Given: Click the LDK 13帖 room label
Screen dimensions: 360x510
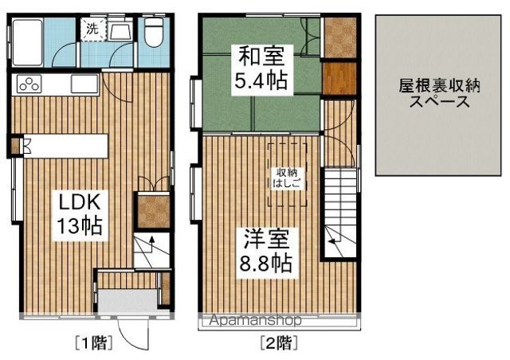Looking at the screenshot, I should tap(78, 212).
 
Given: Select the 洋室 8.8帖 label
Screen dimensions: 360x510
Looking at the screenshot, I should tap(262, 249).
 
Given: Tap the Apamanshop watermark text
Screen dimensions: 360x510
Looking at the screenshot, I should tap(255, 322).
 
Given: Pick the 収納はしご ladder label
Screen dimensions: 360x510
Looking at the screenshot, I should tap(288, 176).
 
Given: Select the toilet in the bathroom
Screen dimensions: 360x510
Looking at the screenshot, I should tap(152, 32).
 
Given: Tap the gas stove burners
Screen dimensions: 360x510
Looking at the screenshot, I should tap(29, 84).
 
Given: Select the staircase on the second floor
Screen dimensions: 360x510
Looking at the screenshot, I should tap(338, 211).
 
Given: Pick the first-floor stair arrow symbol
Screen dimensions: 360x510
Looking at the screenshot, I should tap(144, 250).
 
